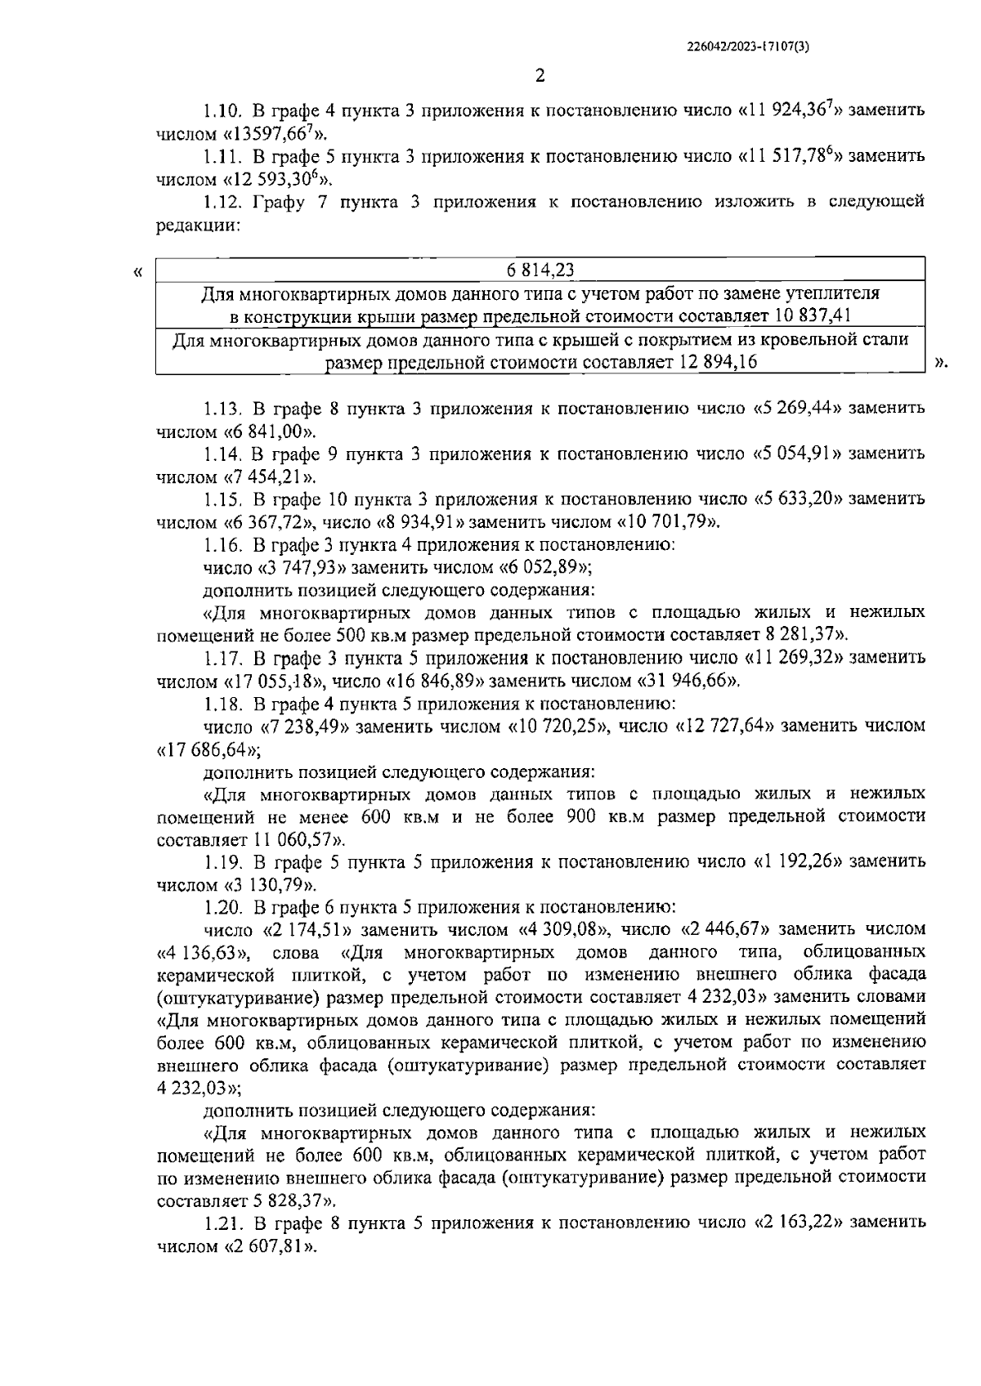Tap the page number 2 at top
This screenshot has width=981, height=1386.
pyautogui.click(x=540, y=76)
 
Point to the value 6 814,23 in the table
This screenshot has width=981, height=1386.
pyautogui.click(x=540, y=270)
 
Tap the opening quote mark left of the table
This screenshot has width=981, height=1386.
pyautogui.click(x=137, y=270)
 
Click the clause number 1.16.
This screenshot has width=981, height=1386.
pyautogui.click(x=221, y=543)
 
